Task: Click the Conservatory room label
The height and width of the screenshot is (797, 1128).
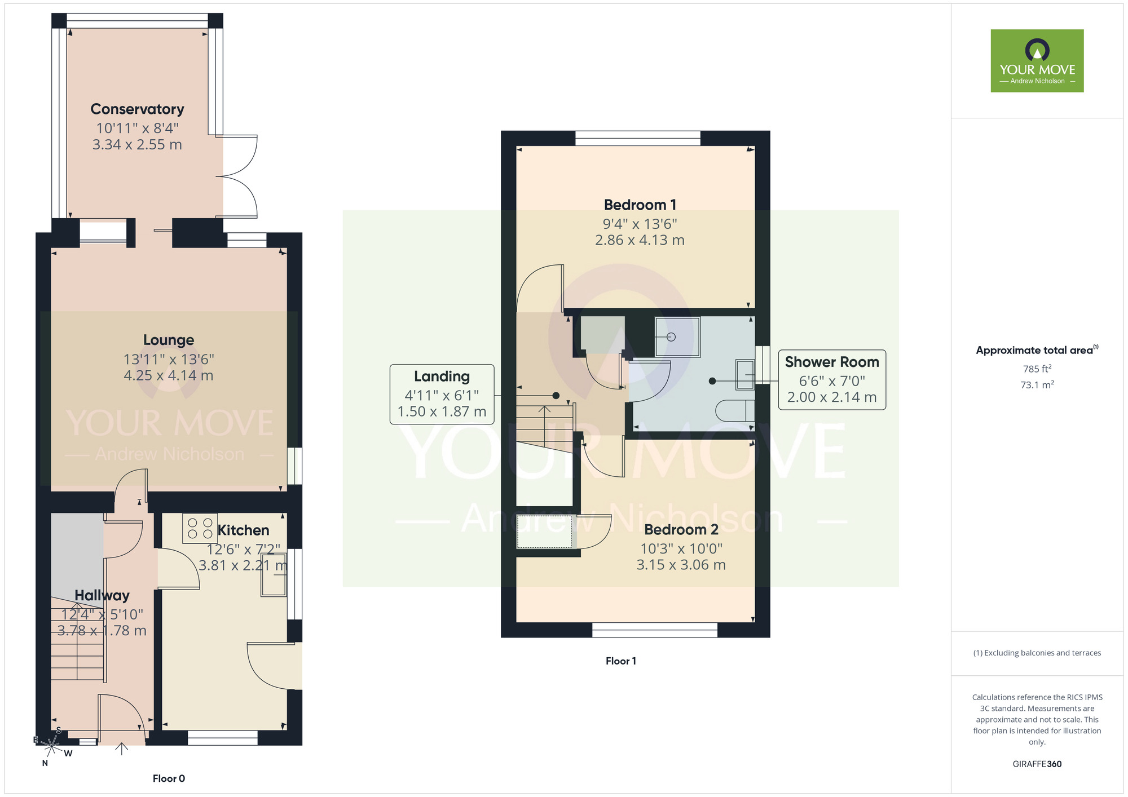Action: pos(137,109)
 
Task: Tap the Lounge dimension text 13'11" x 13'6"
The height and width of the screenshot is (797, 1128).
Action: pos(169,359)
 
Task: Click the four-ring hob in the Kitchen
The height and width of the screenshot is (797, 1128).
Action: pos(200,529)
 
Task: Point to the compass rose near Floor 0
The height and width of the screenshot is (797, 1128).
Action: pos(51,746)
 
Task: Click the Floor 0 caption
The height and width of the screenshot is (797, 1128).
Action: pos(169,778)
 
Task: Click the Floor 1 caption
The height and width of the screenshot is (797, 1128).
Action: pos(620,661)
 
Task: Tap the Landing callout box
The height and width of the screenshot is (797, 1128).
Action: pos(442,394)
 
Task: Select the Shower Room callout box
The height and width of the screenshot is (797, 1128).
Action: pos(831,379)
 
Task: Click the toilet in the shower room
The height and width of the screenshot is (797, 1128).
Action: pos(735,410)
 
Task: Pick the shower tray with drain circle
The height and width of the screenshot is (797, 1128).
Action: pos(677,337)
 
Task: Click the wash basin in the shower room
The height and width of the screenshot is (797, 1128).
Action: pos(745,375)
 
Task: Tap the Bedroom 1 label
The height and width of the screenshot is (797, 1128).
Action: pos(640,205)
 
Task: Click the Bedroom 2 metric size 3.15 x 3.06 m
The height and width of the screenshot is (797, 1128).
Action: pos(681,565)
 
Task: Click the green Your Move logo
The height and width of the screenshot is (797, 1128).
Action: pos(1037,61)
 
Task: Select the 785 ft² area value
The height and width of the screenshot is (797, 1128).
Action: pos(1037,369)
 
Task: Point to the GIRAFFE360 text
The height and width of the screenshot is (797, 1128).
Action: pos(1037,764)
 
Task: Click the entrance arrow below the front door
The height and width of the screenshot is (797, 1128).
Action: pos(122,749)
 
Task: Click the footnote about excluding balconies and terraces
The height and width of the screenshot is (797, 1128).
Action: pos(1037,653)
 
